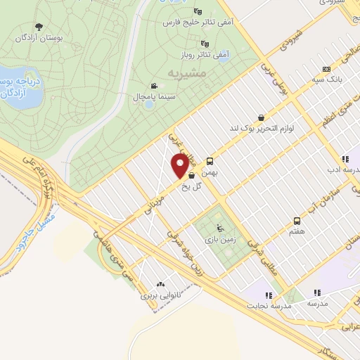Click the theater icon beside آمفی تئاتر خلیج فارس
pyautogui.click(x=198, y=11)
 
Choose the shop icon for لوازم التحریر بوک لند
pyautogui.click(x=262, y=117)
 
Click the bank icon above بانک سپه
pyautogui.click(x=326, y=69)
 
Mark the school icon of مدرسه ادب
pyautogui.click(x=345, y=160)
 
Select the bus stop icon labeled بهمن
pyautogui.click(x=210, y=161)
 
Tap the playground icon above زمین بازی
pyautogui.click(x=219, y=227)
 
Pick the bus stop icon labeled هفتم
pyautogui.click(x=297, y=220)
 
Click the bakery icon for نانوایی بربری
pyautogui.click(x=160, y=285)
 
